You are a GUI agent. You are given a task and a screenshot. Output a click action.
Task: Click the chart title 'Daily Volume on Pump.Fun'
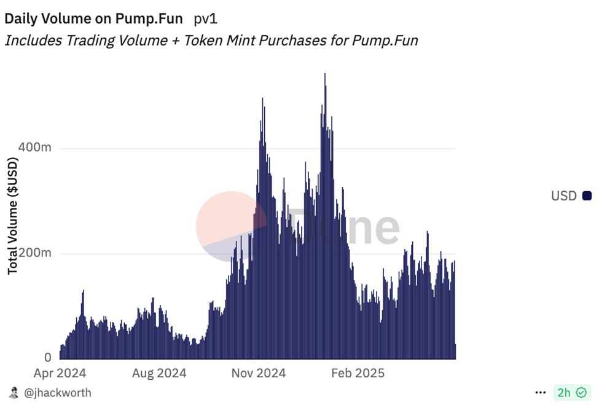93,18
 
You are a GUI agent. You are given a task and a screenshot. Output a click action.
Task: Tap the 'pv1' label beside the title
206,18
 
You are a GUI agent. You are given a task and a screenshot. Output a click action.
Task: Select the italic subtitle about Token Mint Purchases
211,41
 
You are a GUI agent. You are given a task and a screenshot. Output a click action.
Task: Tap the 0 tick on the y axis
48,358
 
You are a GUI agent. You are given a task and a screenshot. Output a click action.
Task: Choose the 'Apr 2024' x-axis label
60,373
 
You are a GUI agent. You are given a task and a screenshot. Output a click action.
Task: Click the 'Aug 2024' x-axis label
159,373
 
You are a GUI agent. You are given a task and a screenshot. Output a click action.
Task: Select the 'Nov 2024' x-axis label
259,373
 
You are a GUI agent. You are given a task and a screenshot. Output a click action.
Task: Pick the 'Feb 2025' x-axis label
358,373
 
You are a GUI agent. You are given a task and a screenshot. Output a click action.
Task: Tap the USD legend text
563,196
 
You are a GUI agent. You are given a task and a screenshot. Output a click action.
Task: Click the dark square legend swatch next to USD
587,196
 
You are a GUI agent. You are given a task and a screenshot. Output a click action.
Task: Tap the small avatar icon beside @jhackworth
14,392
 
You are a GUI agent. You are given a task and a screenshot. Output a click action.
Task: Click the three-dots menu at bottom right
541,392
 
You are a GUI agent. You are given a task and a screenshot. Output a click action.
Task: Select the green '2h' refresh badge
571,392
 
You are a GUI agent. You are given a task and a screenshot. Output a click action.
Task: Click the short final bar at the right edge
455,352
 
